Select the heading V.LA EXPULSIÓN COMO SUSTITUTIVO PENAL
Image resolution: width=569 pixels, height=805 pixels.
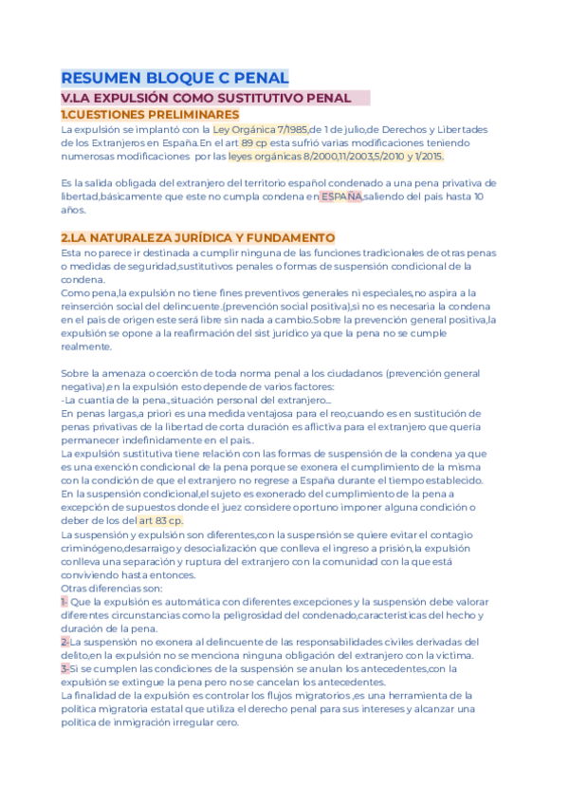point(205,99)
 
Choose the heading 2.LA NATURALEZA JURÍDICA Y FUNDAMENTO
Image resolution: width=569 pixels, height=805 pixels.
point(197,237)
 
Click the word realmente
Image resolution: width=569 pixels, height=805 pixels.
point(86,347)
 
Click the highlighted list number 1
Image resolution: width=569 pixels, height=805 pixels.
point(64,603)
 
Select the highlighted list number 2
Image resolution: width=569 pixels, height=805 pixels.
point(64,643)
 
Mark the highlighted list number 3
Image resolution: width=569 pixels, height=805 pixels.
point(64,669)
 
